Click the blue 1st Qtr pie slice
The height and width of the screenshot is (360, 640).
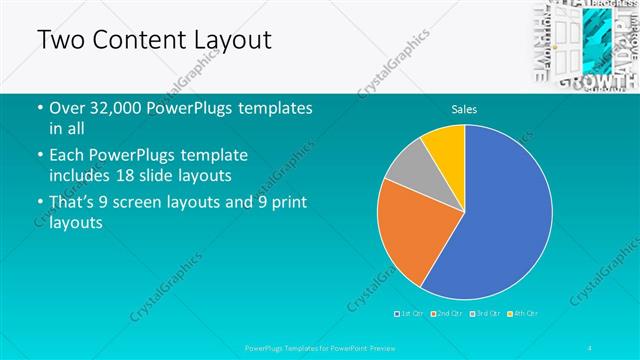500,220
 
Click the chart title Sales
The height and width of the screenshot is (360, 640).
464,108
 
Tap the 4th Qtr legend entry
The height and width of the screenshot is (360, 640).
523,314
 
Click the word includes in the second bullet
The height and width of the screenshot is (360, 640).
79,175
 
